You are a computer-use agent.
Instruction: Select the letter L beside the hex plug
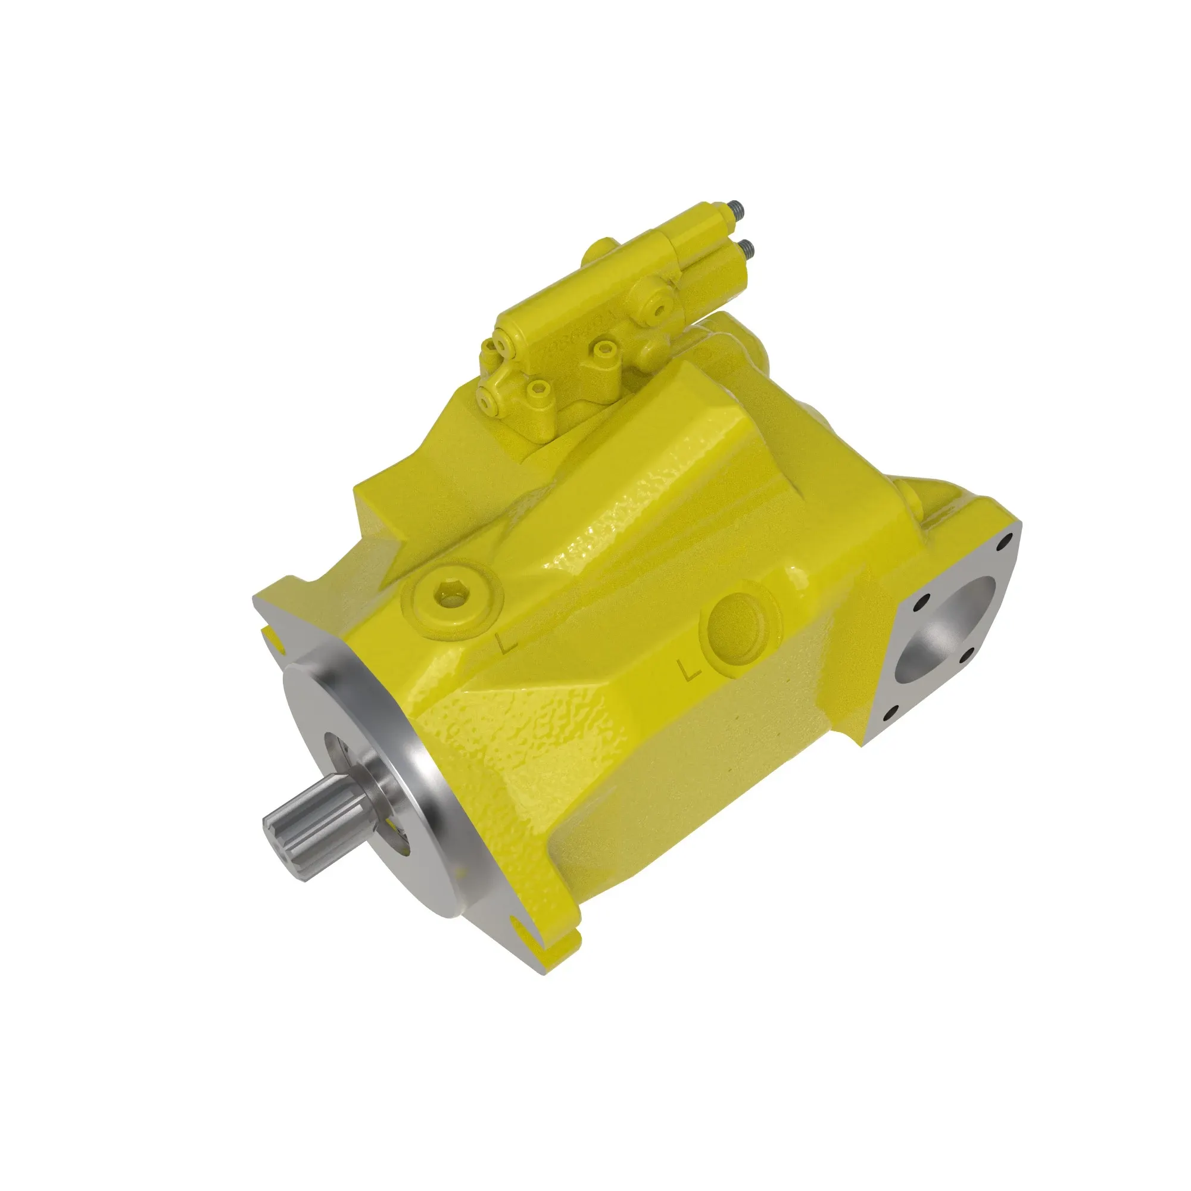tap(507, 644)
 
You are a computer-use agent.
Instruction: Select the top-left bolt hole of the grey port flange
tap(923, 600)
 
